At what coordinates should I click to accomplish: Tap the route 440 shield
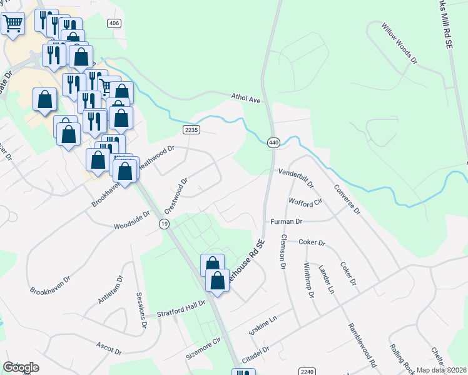point(273,142)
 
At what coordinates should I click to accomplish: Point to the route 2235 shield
point(191,129)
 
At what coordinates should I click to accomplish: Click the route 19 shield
point(165,224)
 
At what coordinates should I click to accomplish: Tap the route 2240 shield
point(307,371)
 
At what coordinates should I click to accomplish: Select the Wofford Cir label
point(305,202)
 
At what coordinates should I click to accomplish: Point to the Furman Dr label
point(287,221)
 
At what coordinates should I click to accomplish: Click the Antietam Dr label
point(111,290)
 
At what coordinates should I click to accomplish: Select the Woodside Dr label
point(131,219)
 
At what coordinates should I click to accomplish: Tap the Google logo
point(21,367)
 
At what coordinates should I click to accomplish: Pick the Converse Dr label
point(347,199)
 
